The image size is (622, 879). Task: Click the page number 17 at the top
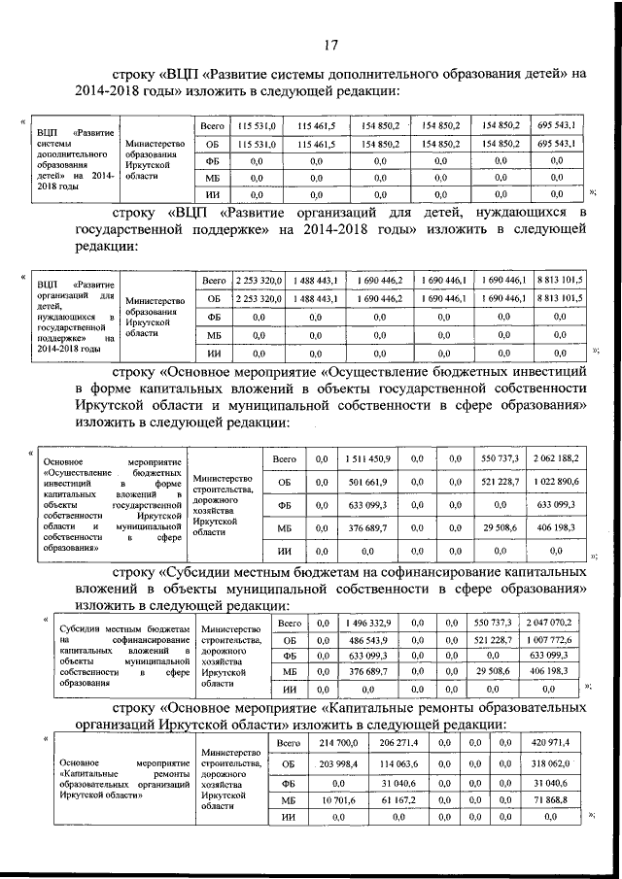click(330, 43)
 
